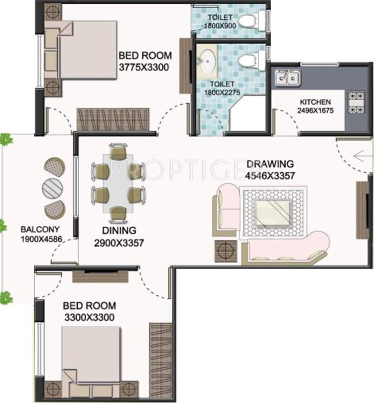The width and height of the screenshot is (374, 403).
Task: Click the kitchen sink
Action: (287, 79)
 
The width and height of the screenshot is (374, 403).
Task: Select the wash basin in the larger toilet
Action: (208, 61)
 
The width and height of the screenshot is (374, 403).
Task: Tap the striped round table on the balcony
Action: (52, 187)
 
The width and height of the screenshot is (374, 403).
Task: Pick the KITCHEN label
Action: (315, 102)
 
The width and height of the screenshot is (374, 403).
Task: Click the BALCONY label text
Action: (40, 229)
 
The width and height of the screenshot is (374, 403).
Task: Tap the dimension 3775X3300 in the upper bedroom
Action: (143, 67)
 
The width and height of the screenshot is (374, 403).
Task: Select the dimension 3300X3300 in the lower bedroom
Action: (89, 317)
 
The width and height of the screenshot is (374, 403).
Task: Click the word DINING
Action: (119, 230)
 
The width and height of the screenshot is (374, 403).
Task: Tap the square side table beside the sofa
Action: (226, 249)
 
